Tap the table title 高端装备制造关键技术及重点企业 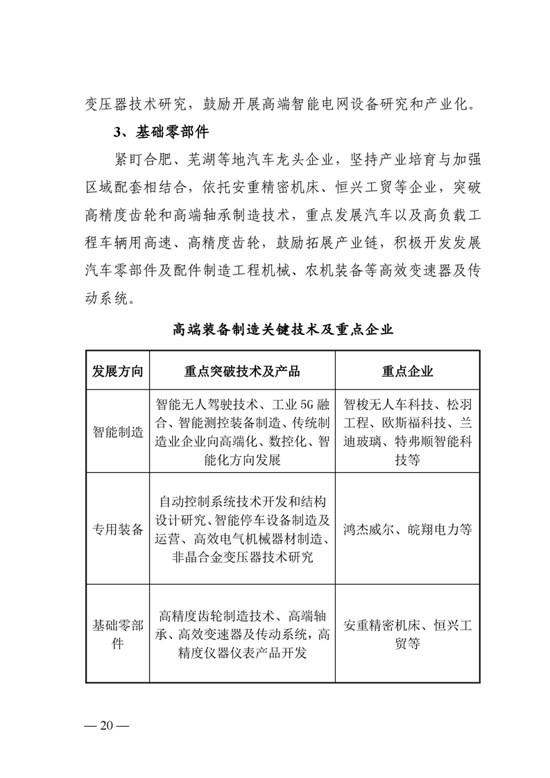coord(283,329)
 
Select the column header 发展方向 coord(118,372)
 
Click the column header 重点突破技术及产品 coord(242,372)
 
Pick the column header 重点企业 coord(407,372)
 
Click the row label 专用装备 coord(118,529)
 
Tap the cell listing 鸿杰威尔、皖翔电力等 coord(407,529)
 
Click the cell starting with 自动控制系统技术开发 coord(242,529)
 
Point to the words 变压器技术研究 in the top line coord(125,105)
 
